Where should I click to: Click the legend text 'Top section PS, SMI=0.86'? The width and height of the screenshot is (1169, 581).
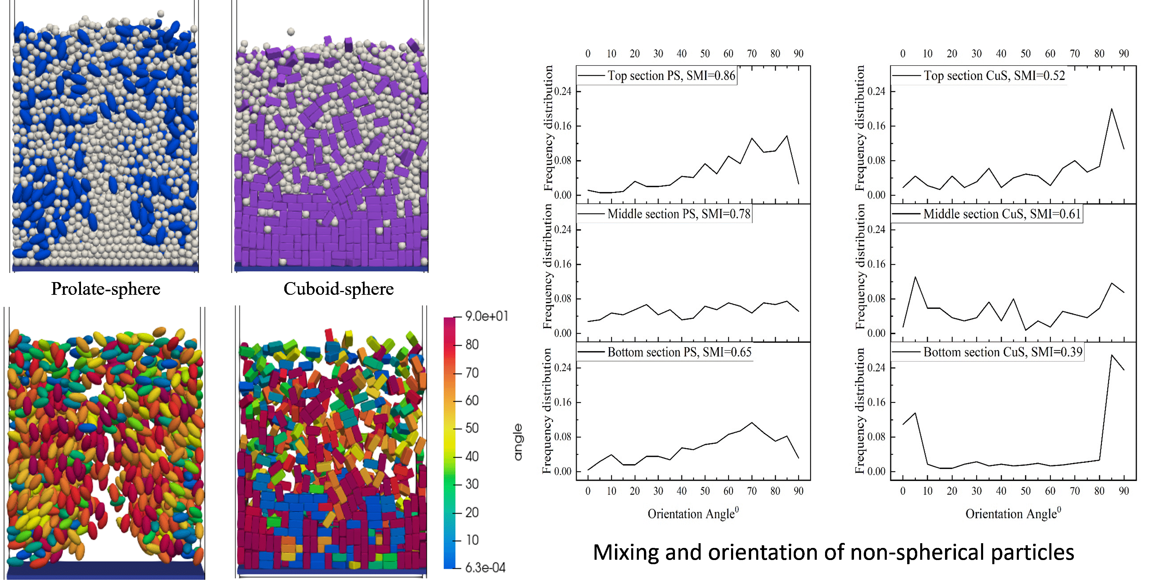pyautogui.click(x=671, y=76)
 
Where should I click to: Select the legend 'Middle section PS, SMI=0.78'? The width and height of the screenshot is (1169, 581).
pyautogui.click(x=679, y=214)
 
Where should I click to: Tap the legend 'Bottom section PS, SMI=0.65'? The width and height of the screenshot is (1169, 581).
pyautogui.click(x=679, y=352)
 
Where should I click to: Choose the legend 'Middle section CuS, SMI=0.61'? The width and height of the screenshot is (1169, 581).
pyautogui.click(x=1002, y=214)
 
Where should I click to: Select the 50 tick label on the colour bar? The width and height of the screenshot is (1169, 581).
pyautogui.click(x=472, y=429)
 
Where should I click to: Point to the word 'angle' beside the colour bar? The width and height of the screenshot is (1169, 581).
pyautogui.click(x=518, y=442)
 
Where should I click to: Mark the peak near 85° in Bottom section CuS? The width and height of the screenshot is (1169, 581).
pyautogui.click(x=1111, y=355)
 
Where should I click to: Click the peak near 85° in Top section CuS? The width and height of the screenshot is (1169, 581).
pyautogui.click(x=1111, y=109)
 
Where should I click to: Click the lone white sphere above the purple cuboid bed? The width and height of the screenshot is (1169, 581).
pyautogui.click(x=291, y=32)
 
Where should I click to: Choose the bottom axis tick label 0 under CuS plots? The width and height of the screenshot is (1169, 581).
pyautogui.click(x=903, y=491)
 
